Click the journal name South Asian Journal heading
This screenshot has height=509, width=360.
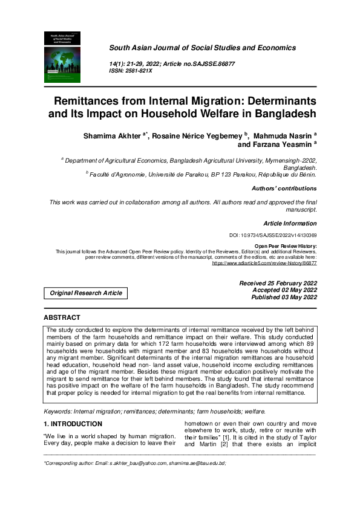(x=202, y=48)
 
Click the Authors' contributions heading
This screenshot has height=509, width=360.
(x=284, y=189)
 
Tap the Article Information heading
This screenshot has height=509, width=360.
(x=290, y=223)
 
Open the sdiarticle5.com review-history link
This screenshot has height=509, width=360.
(x=264, y=264)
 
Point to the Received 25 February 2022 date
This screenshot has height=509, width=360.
(x=278, y=282)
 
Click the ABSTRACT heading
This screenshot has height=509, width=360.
(x=62, y=317)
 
